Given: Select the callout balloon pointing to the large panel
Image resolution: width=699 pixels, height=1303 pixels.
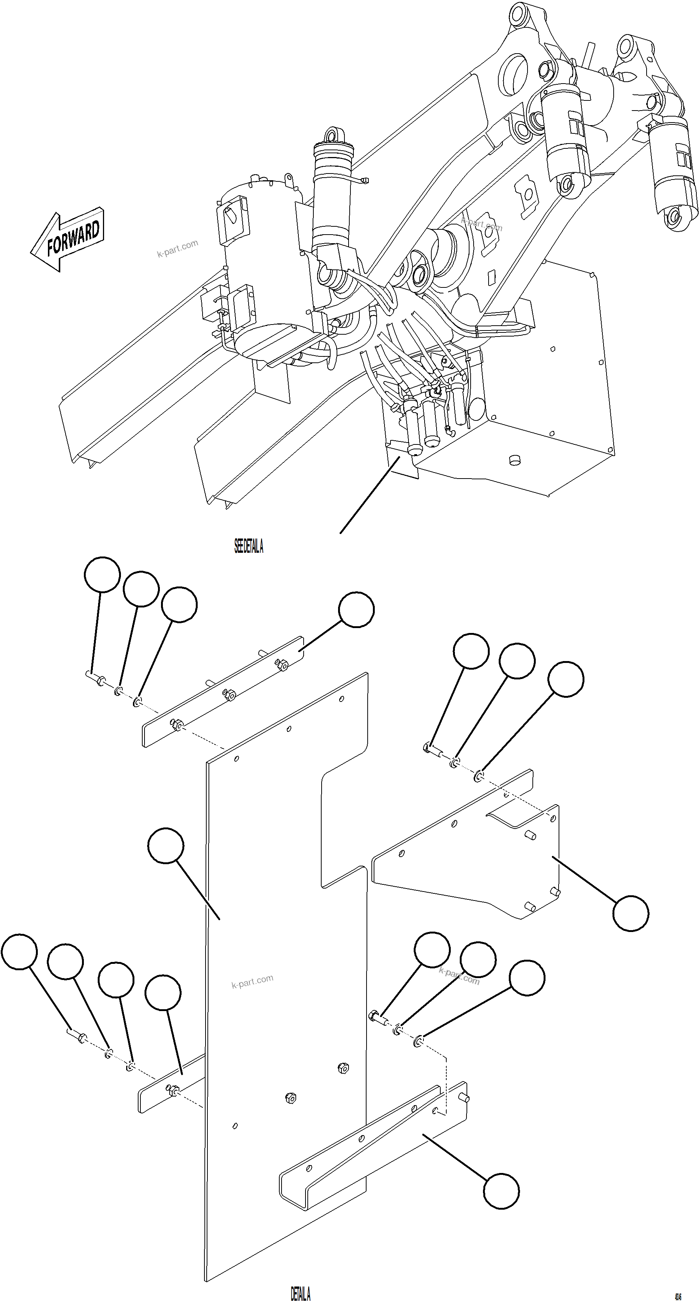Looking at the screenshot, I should point(166,845).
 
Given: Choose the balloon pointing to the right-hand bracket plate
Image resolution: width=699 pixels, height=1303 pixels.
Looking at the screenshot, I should point(630,913).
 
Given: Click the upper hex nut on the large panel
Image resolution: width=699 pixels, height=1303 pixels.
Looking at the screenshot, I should point(342,1068).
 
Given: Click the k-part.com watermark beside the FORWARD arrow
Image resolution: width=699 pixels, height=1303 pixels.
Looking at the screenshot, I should point(177,248).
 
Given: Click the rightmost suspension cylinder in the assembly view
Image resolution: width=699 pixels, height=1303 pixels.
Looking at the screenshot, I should point(672,172).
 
